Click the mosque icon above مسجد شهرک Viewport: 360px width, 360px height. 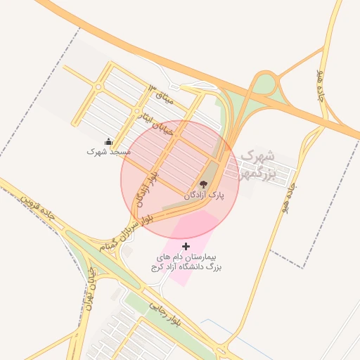pyautogui.click(x=108, y=142)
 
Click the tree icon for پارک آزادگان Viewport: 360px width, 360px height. pyautogui.click(x=204, y=185)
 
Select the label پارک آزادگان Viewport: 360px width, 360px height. pyautogui.click(x=203, y=195)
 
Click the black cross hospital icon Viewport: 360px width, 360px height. pyautogui.click(x=186, y=245)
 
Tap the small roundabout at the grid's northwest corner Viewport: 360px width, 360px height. pyautogui.click(x=98, y=87)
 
